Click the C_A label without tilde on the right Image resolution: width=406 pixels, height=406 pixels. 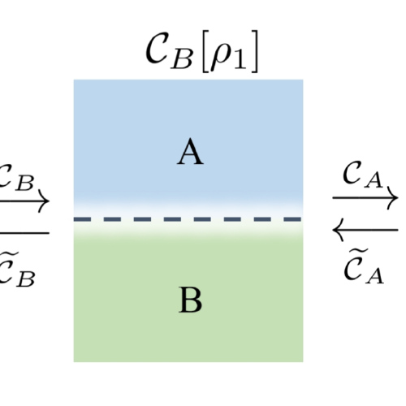(359, 175)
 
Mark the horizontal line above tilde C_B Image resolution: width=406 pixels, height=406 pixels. (24, 233)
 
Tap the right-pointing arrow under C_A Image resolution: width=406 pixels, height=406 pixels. (365, 197)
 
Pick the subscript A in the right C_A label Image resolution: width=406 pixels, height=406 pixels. (375, 180)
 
